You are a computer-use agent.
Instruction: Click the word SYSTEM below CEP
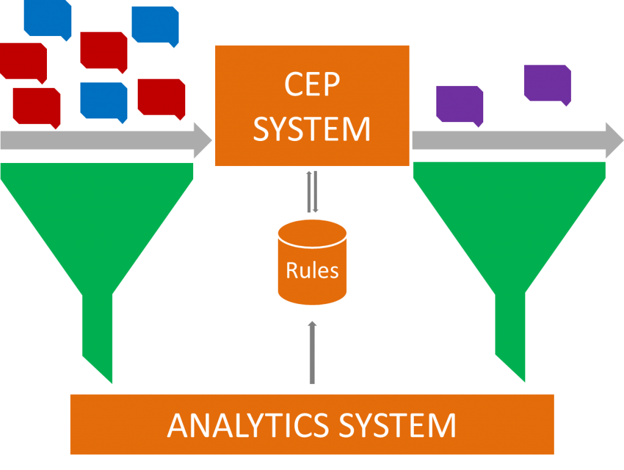pyautogui.click(x=311, y=129)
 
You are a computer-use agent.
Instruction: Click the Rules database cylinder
pyautogui.click(x=312, y=262)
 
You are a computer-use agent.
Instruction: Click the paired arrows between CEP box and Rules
pyautogui.click(x=312, y=192)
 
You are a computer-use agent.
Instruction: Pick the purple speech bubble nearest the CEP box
pyautogui.click(x=459, y=104)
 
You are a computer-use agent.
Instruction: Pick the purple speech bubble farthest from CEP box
pyautogui.click(x=547, y=83)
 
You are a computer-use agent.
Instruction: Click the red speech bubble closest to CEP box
pyautogui.click(x=161, y=97)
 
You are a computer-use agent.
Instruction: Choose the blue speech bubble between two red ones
pyautogui.click(x=103, y=101)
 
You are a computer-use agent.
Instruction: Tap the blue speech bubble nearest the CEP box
pyautogui.click(x=155, y=24)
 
